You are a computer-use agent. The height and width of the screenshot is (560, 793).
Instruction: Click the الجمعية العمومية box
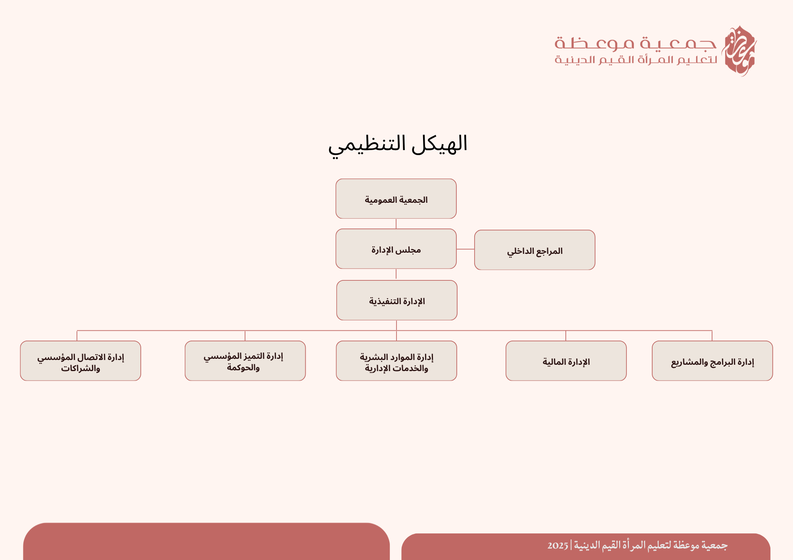(396, 199)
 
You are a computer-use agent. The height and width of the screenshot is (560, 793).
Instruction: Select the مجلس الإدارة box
(396, 249)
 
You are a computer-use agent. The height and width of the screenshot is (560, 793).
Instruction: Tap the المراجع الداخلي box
(535, 250)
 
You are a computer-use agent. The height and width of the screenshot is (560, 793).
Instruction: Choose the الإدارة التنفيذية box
(397, 300)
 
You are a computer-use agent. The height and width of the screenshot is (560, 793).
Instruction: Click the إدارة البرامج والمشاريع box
(713, 361)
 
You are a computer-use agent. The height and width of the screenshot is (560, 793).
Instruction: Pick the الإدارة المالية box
(566, 361)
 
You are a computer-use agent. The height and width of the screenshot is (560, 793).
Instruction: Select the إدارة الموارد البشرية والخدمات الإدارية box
(396, 361)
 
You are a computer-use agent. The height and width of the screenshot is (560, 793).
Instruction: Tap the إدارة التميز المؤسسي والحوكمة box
(245, 361)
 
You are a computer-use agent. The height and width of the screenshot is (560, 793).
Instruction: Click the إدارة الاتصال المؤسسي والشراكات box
(80, 361)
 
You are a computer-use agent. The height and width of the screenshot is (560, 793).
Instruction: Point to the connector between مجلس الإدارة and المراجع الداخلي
(465, 249)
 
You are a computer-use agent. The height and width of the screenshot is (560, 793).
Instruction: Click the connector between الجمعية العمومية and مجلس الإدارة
(396, 224)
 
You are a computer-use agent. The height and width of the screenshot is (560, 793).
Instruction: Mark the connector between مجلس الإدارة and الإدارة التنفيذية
(396, 274)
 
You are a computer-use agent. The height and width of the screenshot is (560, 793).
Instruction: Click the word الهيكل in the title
(440, 143)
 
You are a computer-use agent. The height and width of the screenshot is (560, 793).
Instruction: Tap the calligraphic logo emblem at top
(739, 51)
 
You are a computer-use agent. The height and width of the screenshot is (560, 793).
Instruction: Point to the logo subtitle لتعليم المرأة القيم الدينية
(636, 60)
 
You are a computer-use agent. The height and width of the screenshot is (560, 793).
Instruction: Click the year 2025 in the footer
(558, 546)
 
